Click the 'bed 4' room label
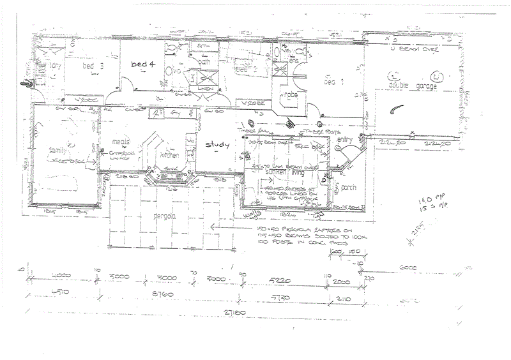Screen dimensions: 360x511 click(143, 64)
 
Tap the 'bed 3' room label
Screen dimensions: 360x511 click(93, 65)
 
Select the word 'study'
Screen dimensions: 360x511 click(217, 145)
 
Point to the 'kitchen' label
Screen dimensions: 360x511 click(169, 155)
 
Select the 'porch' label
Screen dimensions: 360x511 click(349, 188)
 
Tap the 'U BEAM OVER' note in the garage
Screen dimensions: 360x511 click(418, 49)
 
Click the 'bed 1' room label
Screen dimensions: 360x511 click(333, 82)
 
